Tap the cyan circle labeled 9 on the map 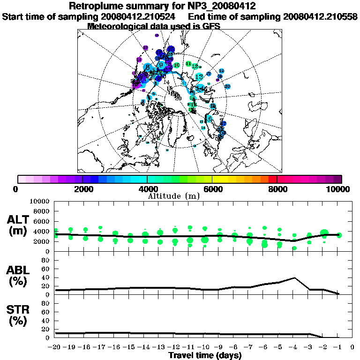click(x=162, y=65)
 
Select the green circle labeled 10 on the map click(x=176, y=65)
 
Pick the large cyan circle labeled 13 click(x=199, y=76)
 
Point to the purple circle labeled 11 click(x=139, y=60)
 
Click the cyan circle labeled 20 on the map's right click(x=227, y=86)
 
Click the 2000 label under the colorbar click(x=82, y=189)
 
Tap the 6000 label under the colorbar click(x=212, y=189)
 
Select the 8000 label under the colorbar click(x=277, y=189)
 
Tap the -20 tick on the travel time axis click(x=55, y=347)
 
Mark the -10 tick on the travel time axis click(x=204, y=347)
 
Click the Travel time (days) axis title click(x=205, y=356)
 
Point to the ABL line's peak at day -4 click(x=294, y=277)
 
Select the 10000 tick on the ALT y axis click(x=39, y=202)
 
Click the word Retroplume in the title click(x=97, y=7)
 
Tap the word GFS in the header click(x=211, y=26)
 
